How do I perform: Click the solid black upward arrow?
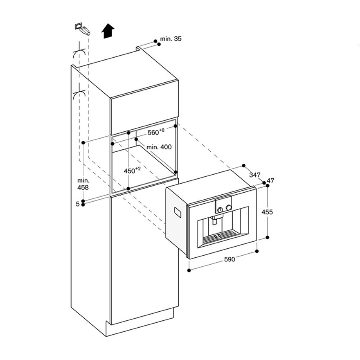[x=108, y=31]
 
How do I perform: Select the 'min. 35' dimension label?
[x=171, y=39]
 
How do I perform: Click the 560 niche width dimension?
[x=156, y=132]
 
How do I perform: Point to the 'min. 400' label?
[x=159, y=147]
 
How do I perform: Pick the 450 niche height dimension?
[x=132, y=171]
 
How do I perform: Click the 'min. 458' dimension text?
[x=83, y=184]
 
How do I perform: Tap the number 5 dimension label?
[x=78, y=204]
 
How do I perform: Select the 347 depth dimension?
[x=255, y=175]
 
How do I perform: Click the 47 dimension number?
[x=270, y=181]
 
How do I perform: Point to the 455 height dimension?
[x=267, y=212]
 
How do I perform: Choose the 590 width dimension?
[x=230, y=260]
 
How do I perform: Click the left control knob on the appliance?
[x=220, y=209]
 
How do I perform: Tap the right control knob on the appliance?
[x=229, y=207]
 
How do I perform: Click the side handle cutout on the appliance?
[x=178, y=213]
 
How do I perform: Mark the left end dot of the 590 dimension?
[x=189, y=270]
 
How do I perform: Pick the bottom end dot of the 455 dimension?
[x=267, y=238]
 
